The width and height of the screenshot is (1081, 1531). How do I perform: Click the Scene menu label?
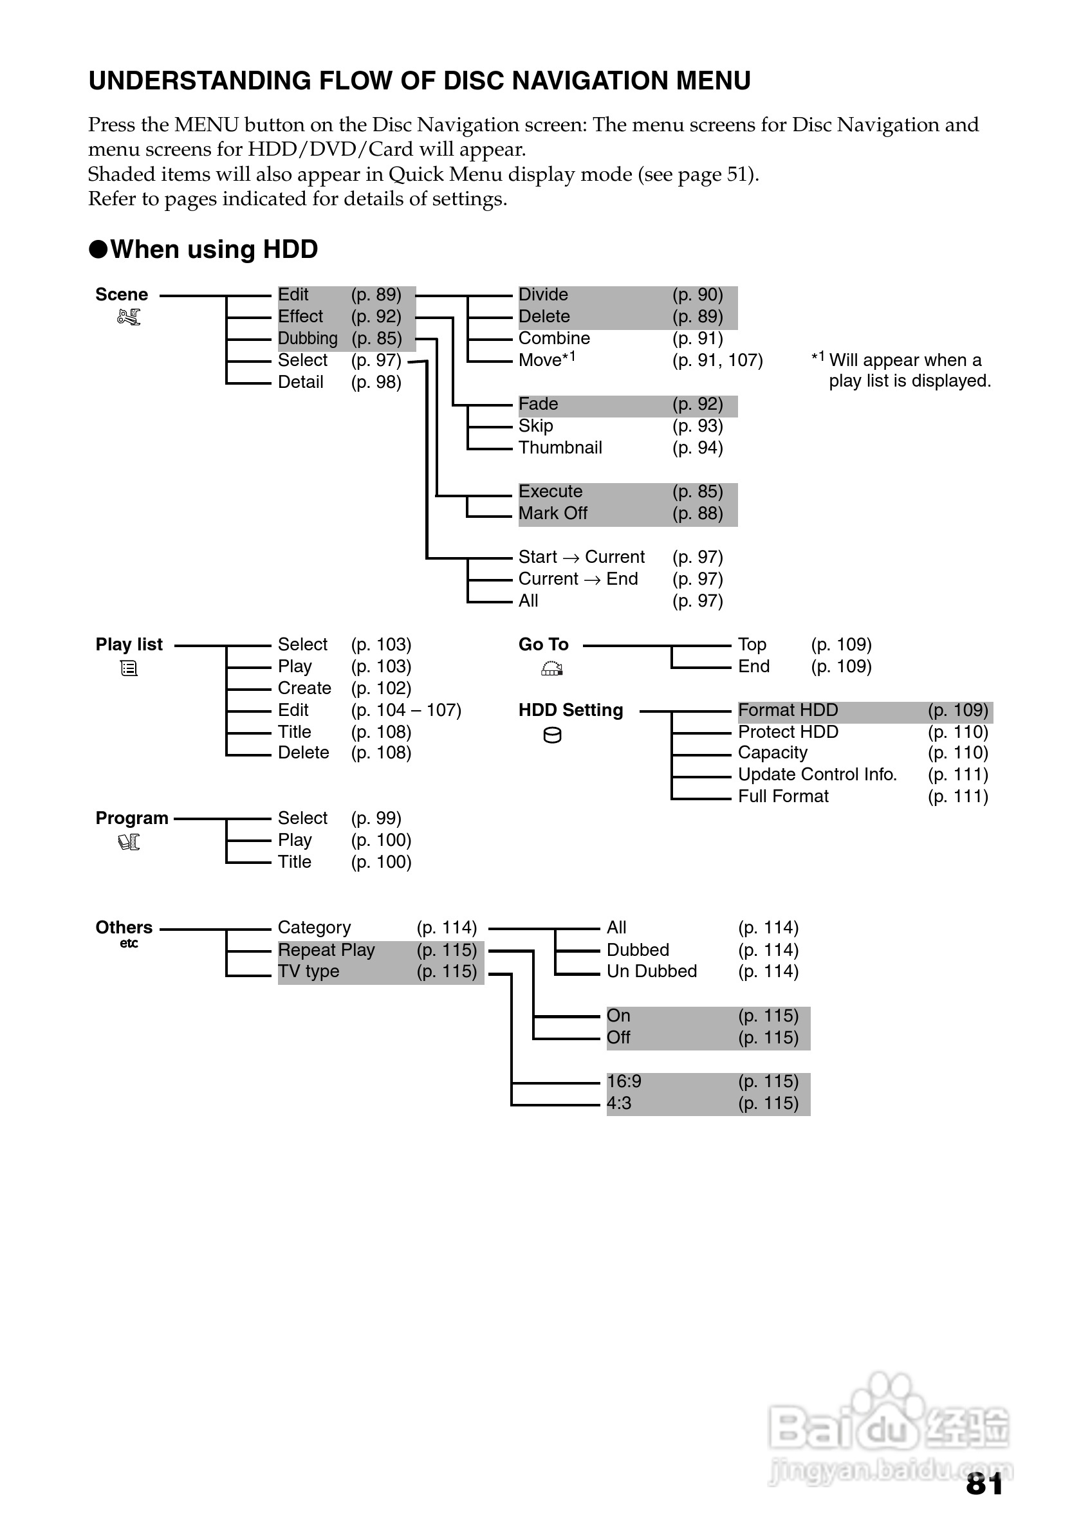tap(122, 295)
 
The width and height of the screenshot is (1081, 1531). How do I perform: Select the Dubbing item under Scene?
tap(308, 339)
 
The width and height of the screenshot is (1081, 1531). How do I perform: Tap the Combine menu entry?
tap(553, 339)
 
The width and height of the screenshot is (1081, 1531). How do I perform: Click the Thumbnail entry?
tap(560, 448)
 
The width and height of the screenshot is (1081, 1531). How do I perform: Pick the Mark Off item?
tap(552, 513)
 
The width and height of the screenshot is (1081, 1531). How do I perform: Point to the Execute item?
tap(550, 491)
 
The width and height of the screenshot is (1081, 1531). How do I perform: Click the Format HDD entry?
tap(788, 710)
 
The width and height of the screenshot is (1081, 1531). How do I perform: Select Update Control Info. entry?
tap(817, 775)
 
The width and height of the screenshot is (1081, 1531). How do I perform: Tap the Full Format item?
tap(783, 797)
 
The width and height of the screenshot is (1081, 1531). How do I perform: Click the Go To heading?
tap(543, 645)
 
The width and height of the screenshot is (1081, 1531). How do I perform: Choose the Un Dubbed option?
tap(652, 971)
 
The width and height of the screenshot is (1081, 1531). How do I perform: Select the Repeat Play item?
tap(326, 950)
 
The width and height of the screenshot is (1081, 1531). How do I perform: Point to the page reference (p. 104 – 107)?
tap(405, 710)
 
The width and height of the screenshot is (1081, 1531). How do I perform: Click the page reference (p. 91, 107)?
tap(717, 361)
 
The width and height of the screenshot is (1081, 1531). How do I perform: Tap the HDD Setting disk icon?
tap(552, 735)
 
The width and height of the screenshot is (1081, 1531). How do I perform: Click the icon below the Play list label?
tap(129, 668)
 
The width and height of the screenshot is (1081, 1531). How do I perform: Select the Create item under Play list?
tap(304, 688)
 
